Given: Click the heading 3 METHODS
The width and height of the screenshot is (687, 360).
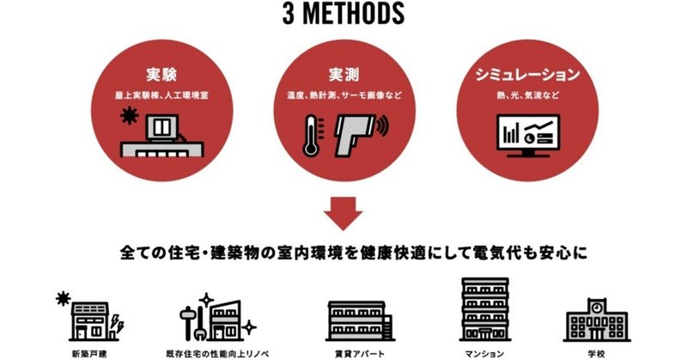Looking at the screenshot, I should tap(342, 15).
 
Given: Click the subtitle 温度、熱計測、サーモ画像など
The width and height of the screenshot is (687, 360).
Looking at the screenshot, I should tap(342, 94).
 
